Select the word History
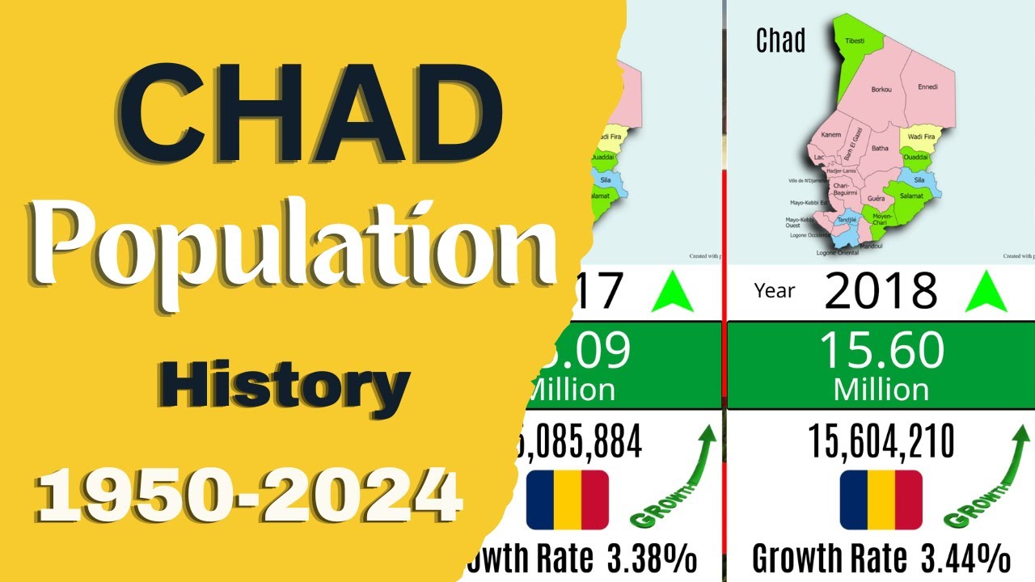pyautogui.click(x=283, y=386)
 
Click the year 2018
pyautogui.click(x=881, y=291)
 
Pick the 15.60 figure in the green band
pyautogui.click(x=881, y=351)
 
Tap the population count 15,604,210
pyautogui.click(x=881, y=442)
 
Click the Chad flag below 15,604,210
pyautogui.click(x=881, y=500)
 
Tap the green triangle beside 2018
pyautogui.click(x=986, y=293)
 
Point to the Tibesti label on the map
pyautogui.click(x=854, y=40)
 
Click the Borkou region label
pyautogui.click(x=881, y=90)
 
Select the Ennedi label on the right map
pyautogui.click(x=927, y=86)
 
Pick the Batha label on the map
pyautogui.click(x=880, y=148)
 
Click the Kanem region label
pyautogui.click(x=830, y=134)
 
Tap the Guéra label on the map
pyautogui.click(x=876, y=197)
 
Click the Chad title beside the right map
pyautogui.click(x=780, y=40)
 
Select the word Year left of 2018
pyautogui.click(x=774, y=291)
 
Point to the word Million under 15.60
pyautogui.click(x=881, y=389)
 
